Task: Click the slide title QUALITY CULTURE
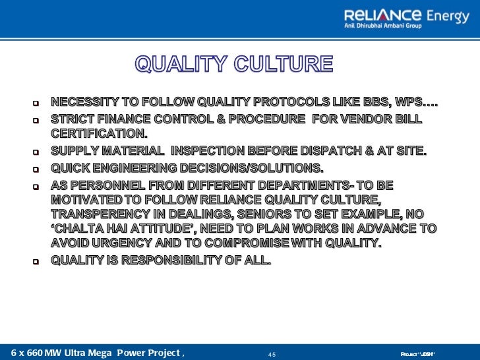pos(234,64)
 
